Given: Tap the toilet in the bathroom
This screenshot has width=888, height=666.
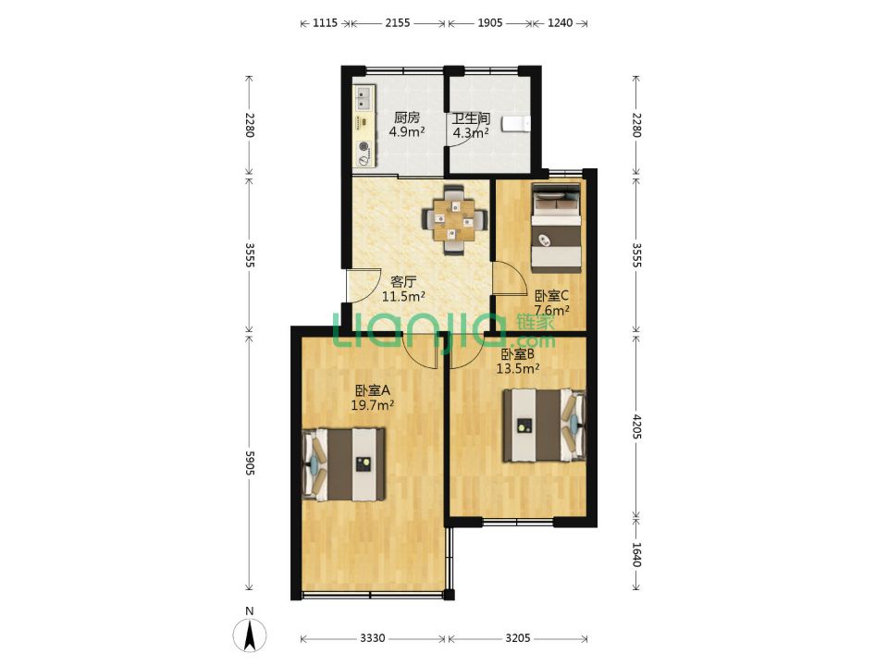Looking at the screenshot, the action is tap(517, 123).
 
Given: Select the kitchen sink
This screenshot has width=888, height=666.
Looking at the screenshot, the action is tap(364, 97).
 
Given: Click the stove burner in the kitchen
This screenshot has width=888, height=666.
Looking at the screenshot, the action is tap(364, 148).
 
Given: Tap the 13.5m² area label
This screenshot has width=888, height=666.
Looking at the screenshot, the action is tap(518, 369).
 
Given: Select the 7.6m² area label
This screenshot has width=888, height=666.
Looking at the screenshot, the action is tap(552, 311).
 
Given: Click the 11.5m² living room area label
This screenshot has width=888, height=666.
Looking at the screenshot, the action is tap(404, 296).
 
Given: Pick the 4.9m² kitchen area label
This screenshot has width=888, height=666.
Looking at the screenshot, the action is tap(407, 132).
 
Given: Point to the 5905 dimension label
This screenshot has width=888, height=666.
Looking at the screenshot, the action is tap(250, 463).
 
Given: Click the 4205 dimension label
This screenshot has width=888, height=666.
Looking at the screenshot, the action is tap(636, 427).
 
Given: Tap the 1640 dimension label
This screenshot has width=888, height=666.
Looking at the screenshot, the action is tap(636, 555).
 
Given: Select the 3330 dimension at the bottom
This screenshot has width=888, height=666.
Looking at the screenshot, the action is tap(373, 638).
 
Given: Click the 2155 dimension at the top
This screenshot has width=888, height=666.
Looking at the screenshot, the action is tap(398, 23).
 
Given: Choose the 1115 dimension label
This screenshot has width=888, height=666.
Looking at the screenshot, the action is tap(325, 23).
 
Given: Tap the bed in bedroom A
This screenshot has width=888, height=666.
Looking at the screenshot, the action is tap(344, 464).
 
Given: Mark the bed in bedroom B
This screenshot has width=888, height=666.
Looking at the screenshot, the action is tap(545, 425).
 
